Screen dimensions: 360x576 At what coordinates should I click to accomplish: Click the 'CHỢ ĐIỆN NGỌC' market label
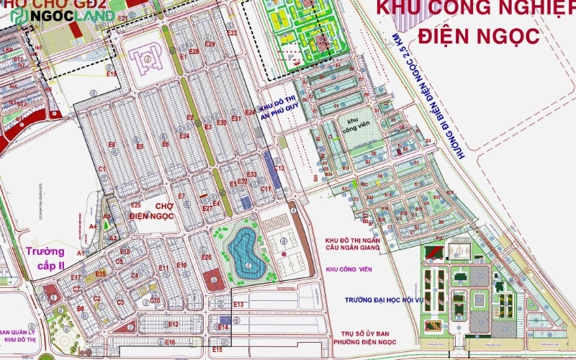153,211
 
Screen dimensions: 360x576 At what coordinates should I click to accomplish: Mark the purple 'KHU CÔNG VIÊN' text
346,269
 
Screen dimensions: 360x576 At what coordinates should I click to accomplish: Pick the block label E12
172,325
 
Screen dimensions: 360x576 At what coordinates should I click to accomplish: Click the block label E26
206,257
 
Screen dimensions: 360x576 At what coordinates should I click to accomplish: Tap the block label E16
170,343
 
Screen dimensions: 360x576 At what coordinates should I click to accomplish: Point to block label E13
239,305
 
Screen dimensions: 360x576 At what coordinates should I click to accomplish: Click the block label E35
100,274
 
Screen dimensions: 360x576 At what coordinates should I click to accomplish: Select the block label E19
111,73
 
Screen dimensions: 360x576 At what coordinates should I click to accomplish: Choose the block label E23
231,33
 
